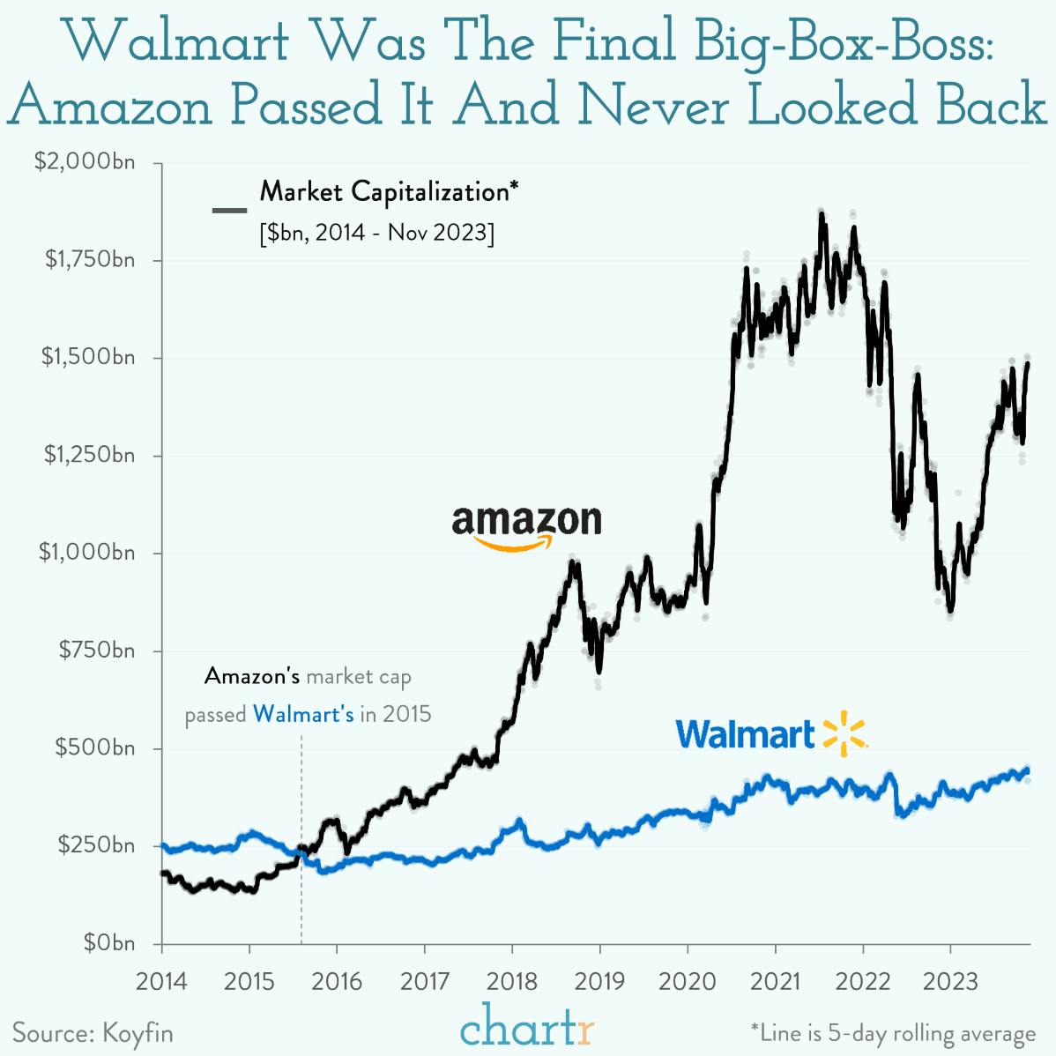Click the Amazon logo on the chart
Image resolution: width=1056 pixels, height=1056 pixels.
point(526,526)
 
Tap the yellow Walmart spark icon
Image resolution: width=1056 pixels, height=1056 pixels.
point(844,733)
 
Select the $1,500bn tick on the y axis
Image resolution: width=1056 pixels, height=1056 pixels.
point(88,357)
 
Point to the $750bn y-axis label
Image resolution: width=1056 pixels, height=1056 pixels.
point(96,651)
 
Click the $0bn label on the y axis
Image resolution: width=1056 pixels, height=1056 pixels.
point(109,943)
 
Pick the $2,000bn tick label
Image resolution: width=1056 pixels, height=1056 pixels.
point(85,161)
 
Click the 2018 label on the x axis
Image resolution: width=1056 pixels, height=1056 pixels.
point(512,981)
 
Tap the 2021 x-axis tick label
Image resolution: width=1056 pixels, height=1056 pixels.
point(775,981)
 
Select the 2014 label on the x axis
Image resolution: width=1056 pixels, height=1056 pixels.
point(162,981)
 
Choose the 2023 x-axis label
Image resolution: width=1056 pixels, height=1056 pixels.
point(950,981)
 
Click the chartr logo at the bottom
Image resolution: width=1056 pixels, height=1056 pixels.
point(527,1026)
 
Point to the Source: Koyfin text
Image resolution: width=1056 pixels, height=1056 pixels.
point(93,1032)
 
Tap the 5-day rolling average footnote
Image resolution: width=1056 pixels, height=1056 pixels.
point(893,1033)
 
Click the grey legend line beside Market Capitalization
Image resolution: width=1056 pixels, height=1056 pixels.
point(229,210)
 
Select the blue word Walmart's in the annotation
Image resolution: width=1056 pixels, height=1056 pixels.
point(303,714)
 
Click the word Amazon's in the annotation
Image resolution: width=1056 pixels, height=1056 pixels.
point(252,676)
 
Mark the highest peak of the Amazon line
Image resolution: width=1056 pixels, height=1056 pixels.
point(822,214)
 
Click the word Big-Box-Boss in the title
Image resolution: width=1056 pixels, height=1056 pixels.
point(844,41)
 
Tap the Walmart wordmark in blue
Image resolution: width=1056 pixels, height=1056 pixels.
point(746,734)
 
